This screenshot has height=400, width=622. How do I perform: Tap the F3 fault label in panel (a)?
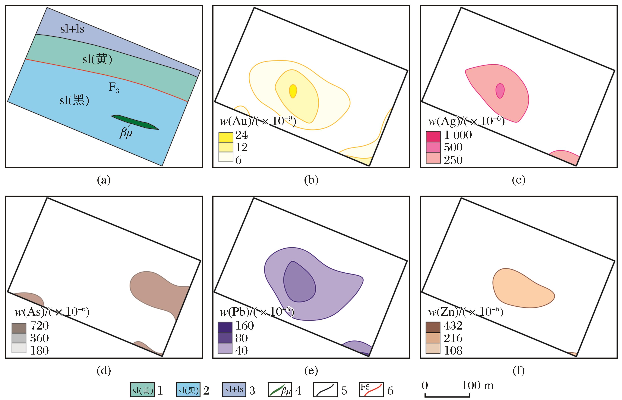(114, 88)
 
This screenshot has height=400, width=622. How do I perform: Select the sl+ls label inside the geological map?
(72, 29)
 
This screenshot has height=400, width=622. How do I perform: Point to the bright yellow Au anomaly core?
(293, 91)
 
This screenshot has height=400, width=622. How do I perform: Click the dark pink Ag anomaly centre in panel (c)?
(500, 91)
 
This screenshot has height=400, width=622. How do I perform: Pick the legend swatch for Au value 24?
(226, 137)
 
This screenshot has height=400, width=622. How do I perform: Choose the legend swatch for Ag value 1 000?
(433, 136)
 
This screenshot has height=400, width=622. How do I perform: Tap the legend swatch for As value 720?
(19, 328)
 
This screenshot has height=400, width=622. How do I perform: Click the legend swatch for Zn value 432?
(433, 327)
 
